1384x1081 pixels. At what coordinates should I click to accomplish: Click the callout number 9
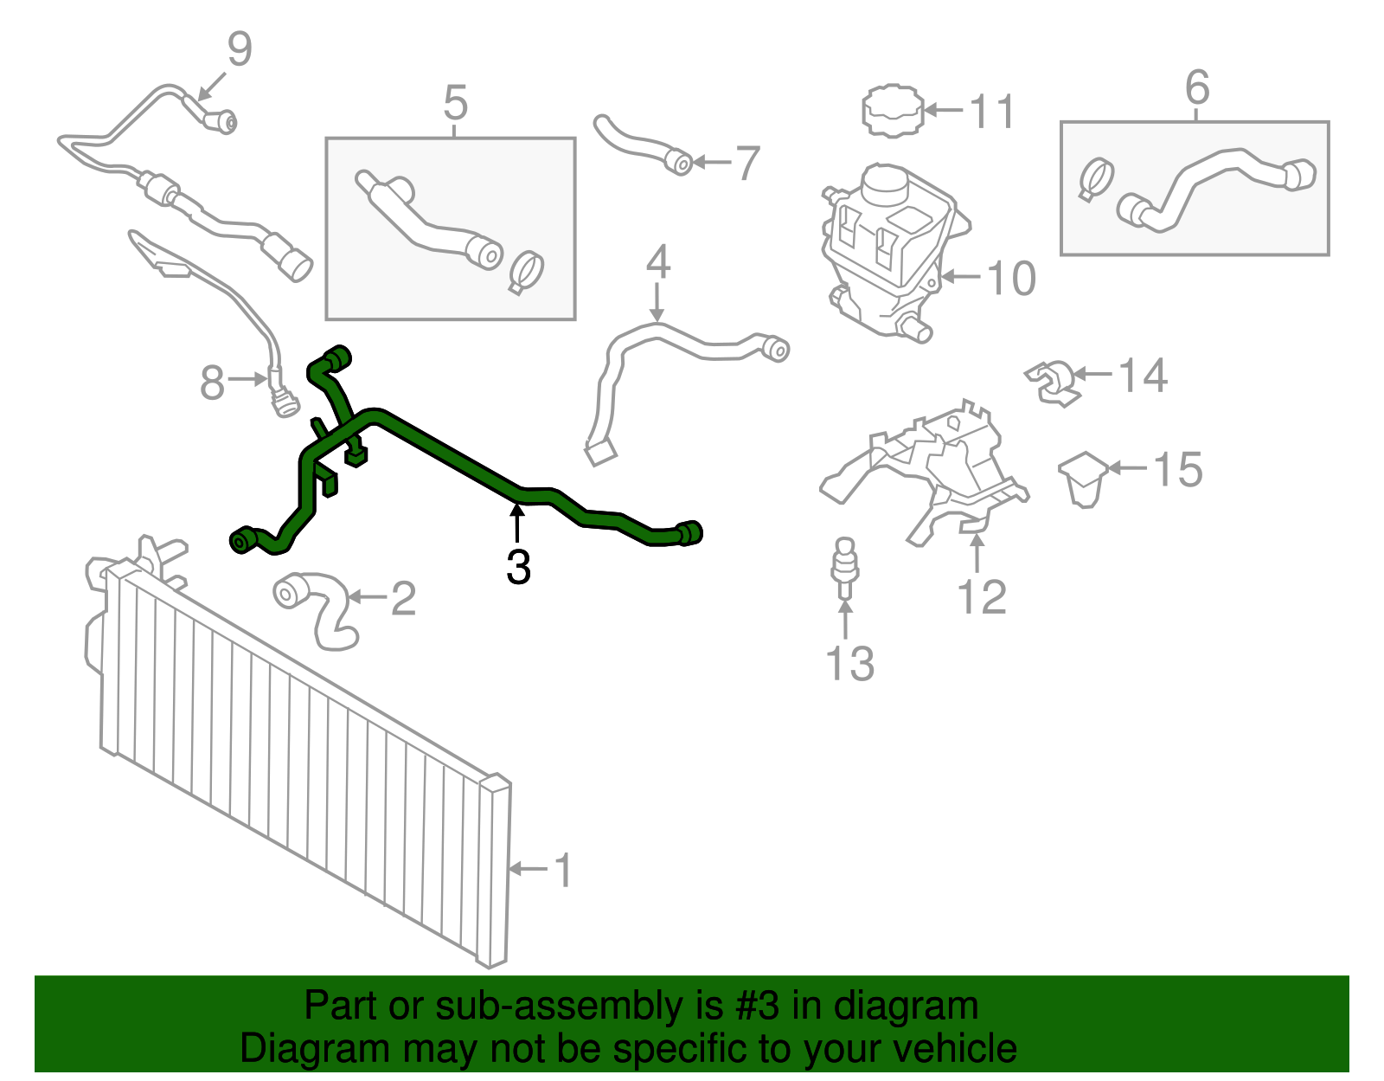[x=240, y=49]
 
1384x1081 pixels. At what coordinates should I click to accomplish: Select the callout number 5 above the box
[x=455, y=102]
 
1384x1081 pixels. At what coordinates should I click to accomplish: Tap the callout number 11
[x=991, y=113]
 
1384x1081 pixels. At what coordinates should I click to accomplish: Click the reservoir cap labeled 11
[x=893, y=110]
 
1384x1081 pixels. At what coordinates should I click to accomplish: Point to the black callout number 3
[x=518, y=567]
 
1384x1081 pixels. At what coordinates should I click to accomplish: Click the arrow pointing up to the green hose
[x=517, y=523]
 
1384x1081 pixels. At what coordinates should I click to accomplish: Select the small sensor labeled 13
[x=844, y=569]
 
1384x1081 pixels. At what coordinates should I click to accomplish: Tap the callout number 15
[x=1178, y=470]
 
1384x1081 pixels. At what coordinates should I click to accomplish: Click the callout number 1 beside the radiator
[x=564, y=870]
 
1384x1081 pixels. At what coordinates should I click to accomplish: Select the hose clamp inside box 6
[x=1096, y=179]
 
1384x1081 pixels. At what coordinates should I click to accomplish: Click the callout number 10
[x=1011, y=279]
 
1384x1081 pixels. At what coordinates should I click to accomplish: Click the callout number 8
[x=212, y=383]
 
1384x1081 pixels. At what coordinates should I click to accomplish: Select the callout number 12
[x=982, y=597]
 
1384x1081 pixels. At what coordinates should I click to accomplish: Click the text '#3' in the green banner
[x=757, y=1006]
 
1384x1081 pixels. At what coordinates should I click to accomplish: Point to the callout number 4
[x=658, y=261]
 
